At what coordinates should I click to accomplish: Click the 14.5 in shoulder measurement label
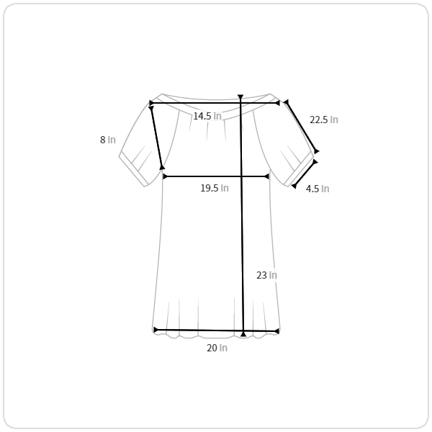tap(207, 116)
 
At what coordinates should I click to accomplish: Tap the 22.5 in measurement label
tap(324, 120)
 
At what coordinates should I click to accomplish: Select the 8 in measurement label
tap(108, 140)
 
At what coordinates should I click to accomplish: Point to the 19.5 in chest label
tap(215, 188)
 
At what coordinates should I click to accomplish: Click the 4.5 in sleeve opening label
tap(318, 189)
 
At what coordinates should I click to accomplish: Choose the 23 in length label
tap(266, 275)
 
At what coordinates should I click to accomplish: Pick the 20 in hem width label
tap(217, 348)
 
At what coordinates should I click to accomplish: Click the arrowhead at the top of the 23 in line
tap(240, 96)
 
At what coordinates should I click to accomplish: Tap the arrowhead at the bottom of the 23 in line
tap(243, 334)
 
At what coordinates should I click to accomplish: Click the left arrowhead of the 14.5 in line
tap(151, 103)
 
